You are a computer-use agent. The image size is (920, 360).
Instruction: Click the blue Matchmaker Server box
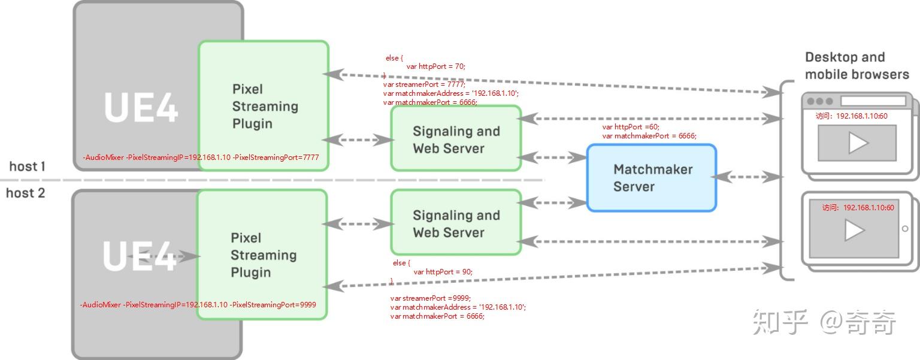(x=652, y=177)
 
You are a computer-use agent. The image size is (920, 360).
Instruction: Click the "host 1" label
(x=27, y=167)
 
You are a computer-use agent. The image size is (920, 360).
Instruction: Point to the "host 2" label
(x=26, y=193)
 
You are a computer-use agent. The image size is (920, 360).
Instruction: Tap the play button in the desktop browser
(x=858, y=143)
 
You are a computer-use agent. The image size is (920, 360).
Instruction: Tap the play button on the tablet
(x=855, y=230)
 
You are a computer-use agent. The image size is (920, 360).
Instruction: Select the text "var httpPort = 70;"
(x=436, y=66)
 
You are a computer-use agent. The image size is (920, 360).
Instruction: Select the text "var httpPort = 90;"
(x=443, y=271)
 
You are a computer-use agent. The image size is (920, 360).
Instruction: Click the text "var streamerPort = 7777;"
(x=424, y=84)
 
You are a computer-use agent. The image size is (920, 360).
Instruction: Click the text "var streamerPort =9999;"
(x=431, y=298)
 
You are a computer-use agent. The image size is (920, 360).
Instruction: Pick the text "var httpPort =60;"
(x=631, y=127)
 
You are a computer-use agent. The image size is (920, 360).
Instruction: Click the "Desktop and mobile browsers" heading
(x=857, y=66)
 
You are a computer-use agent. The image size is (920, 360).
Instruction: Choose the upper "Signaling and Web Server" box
(x=456, y=138)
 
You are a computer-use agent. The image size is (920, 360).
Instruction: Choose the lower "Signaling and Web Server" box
(x=456, y=222)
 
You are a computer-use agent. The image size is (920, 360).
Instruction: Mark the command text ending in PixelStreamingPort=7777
(x=201, y=158)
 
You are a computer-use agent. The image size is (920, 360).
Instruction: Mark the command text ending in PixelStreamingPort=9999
(x=198, y=304)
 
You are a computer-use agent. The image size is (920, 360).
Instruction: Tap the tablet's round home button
(x=905, y=229)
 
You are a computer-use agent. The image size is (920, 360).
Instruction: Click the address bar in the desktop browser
(x=873, y=101)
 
